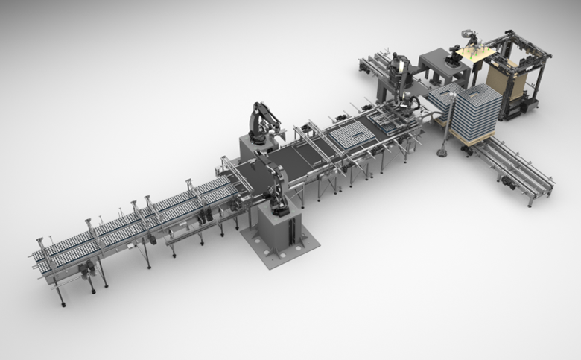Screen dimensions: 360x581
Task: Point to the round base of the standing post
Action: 441,153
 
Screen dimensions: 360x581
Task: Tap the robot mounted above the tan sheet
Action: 470,37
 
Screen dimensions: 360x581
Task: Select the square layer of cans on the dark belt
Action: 349,136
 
